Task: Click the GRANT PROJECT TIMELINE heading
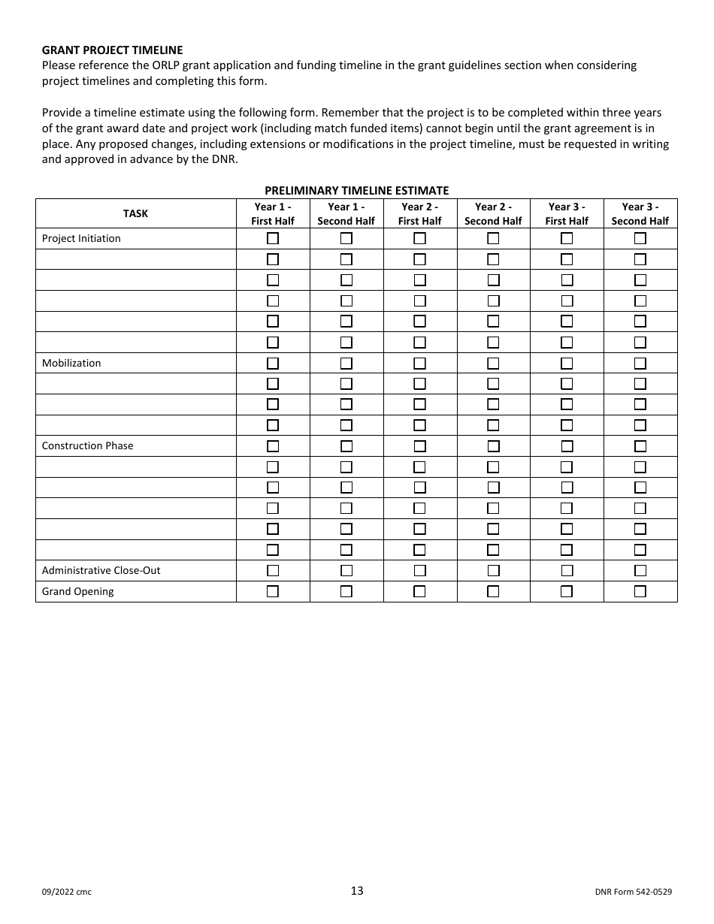pos(112,50)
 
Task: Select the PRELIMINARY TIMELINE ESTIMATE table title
pos(356,191)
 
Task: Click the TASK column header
pos(135,213)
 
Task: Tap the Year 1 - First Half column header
pos(273,213)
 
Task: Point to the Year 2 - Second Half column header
pos(493,213)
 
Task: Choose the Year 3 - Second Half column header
pos(640,213)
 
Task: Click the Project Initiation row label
pos(81,239)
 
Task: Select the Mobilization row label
pos(71,363)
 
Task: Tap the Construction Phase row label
pos(87,445)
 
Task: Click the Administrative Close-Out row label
pos(101,570)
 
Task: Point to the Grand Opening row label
pos(78,591)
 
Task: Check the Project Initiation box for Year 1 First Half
pos(273,239)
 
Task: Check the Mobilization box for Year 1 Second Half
pos(346,363)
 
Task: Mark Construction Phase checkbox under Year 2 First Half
pos(419,445)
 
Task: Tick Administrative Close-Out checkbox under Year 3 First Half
pos(567,570)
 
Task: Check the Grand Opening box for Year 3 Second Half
pos(640,591)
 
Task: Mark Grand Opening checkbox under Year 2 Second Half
pos(493,591)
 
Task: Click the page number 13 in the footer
pos(356,891)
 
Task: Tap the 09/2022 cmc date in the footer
pos(67,892)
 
